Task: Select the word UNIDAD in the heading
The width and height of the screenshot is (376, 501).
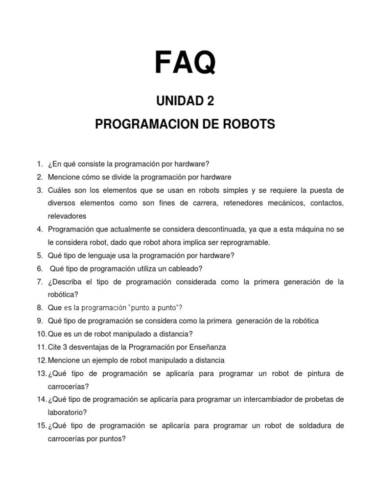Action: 172,101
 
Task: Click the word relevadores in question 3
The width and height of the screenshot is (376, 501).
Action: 67,216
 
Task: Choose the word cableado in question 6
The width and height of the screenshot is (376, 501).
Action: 187,269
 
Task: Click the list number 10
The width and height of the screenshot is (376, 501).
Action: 41,334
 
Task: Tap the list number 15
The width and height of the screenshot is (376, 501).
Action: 41,426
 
